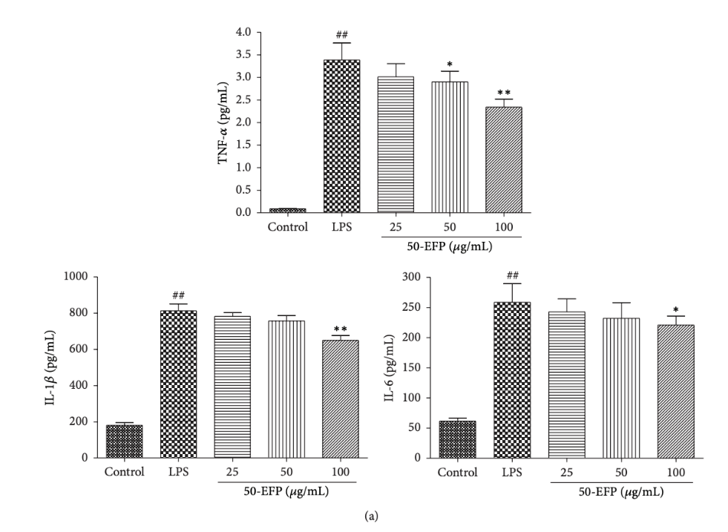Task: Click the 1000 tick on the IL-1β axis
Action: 88,277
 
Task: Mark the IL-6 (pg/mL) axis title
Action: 390,367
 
